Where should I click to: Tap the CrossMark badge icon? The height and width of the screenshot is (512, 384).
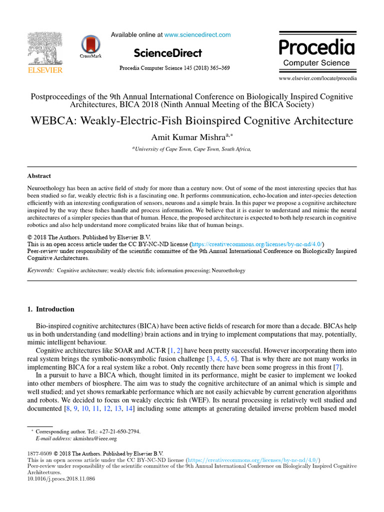point(90,45)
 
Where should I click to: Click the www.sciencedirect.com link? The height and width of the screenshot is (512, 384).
point(197,35)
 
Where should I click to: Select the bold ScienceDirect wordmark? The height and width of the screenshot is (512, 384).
point(168,53)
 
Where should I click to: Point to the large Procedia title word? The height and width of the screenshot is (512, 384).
point(316,47)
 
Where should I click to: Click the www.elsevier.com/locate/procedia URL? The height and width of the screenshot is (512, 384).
point(318,78)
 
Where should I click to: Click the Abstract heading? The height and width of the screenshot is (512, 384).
point(39,176)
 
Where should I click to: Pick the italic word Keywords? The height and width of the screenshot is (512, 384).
point(40,270)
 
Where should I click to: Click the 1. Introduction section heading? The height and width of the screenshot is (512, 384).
point(50,309)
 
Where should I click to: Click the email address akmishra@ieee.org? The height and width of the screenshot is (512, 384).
point(94,439)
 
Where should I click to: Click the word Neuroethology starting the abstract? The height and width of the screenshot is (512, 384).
point(47,186)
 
